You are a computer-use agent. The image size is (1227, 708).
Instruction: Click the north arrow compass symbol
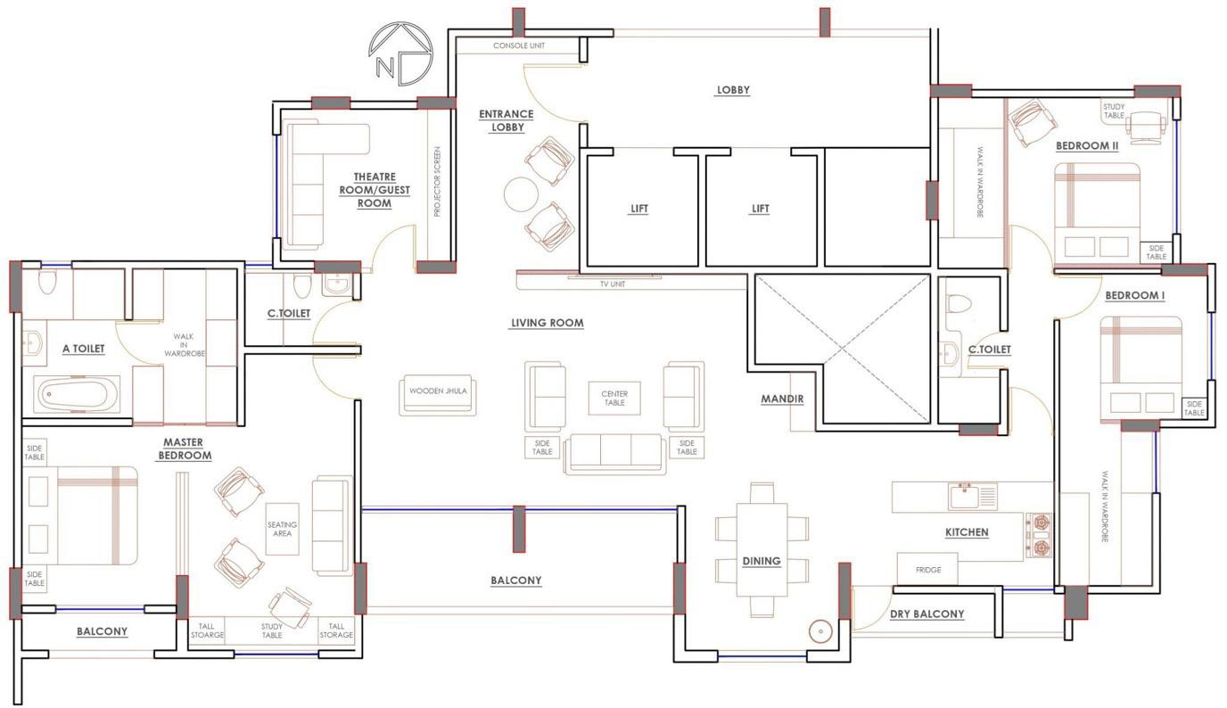pos(400,54)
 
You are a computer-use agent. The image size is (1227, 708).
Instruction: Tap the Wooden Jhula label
pos(438,391)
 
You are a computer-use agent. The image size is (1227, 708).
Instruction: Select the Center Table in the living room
pos(614,398)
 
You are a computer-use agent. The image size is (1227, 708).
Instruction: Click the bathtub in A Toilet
pos(76,394)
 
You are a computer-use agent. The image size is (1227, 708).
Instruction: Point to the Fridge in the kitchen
pos(927,569)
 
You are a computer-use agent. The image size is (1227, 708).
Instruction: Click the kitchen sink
pos(973,497)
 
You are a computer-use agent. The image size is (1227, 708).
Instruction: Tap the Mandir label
pos(782,399)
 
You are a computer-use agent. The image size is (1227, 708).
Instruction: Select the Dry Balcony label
pos(926,614)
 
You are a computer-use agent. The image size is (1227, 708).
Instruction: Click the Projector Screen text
pos(437,181)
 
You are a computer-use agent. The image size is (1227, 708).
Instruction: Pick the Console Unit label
pos(519,45)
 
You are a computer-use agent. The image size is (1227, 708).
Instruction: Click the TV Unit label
pos(613,284)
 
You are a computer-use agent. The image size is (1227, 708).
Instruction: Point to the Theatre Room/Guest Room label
pos(375,190)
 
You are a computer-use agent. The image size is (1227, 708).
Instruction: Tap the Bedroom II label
pos(1087,146)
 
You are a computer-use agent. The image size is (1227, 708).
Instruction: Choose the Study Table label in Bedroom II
pos(1114,111)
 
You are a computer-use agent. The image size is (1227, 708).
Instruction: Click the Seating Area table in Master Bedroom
pos(283,529)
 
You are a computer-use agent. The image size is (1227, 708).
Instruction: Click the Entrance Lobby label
pos(506,120)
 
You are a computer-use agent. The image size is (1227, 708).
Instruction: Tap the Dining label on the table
pos(762,561)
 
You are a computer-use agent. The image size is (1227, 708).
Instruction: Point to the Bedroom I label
pos(1135,296)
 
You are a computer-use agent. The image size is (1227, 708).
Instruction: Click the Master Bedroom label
pos(184,449)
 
